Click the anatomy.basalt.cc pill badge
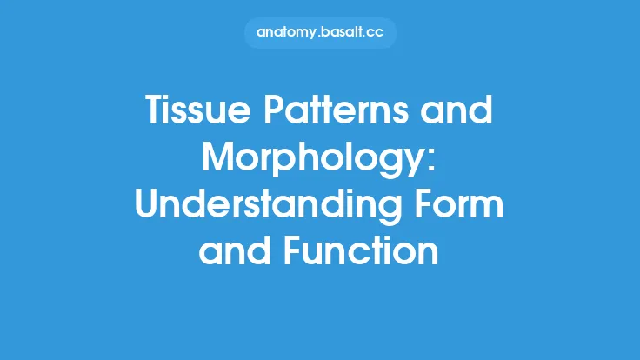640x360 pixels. [x=320, y=33]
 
